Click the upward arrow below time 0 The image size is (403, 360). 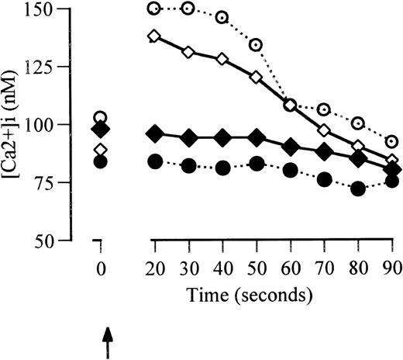pyautogui.click(x=108, y=340)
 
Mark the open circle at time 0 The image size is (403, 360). pyautogui.click(x=100, y=118)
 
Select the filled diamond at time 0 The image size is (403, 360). pyautogui.click(x=100, y=129)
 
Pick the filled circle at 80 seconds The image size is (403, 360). pyautogui.click(x=358, y=189)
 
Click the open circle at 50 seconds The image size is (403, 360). pyautogui.click(x=256, y=44)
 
